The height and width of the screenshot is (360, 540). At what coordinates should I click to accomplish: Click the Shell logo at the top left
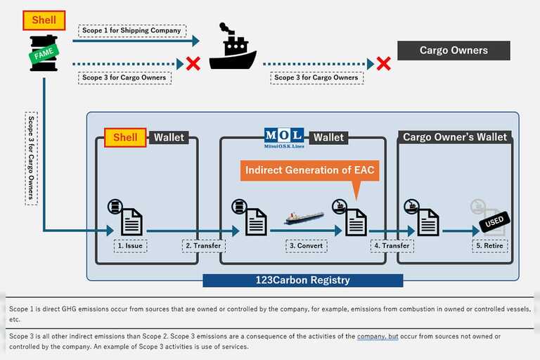click(44, 20)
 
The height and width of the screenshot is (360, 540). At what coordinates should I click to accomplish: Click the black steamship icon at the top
click(232, 49)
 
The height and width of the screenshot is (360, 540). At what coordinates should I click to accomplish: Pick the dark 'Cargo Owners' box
click(453, 51)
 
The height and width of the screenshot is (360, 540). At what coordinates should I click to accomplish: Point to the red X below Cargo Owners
click(383, 64)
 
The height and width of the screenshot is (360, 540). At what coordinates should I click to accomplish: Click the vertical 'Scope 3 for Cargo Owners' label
click(31, 157)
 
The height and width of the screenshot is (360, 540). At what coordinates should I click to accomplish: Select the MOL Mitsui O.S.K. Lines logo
click(283, 136)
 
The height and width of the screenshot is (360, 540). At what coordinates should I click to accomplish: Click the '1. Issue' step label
click(131, 246)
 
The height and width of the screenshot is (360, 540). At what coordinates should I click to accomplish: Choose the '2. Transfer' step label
click(204, 246)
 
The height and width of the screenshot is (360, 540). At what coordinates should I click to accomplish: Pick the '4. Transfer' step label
click(392, 246)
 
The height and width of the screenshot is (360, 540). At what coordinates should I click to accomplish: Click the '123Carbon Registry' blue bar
click(302, 280)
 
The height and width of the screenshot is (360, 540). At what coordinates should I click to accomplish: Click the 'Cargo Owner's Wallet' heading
click(455, 137)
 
